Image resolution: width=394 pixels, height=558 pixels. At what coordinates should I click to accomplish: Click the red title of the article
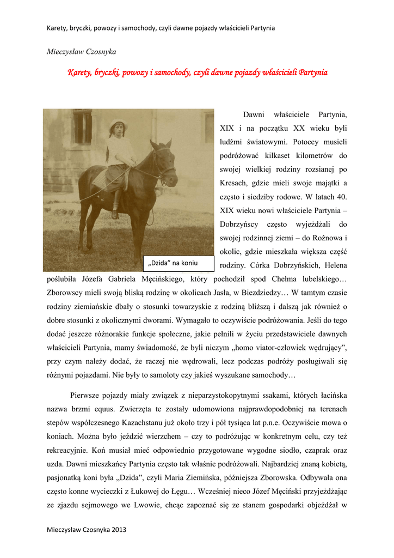click(197, 72)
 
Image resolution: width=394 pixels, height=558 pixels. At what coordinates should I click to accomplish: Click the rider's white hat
click(117, 125)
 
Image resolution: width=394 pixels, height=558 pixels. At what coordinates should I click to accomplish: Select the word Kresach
click(236, 183)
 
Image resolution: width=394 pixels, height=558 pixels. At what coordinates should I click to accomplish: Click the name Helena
click(333, 265)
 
